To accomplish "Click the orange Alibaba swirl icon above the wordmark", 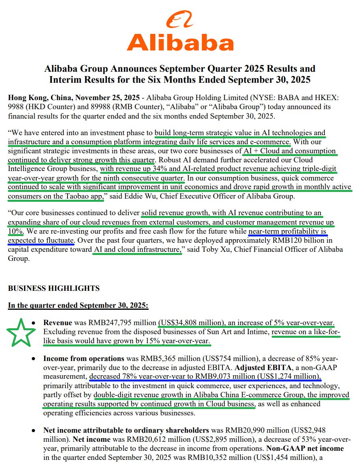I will [179, 19].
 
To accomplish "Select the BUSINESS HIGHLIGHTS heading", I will [54, 288].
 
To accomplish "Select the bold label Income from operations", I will [84, 359].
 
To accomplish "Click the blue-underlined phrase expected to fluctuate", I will [41, 240].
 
